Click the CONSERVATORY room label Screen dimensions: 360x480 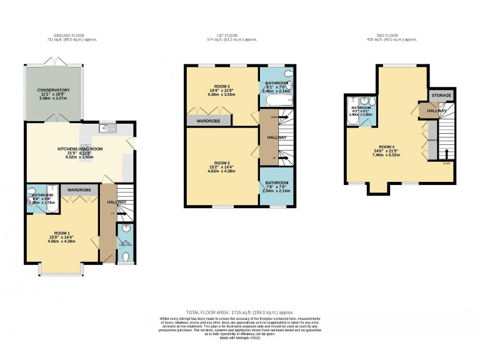point(54,91)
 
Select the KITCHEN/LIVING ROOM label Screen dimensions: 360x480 point(79,149)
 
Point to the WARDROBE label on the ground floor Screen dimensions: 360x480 point(80,189)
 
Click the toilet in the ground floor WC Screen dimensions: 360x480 point(126,256)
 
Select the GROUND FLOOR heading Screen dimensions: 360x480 point(69,36)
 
